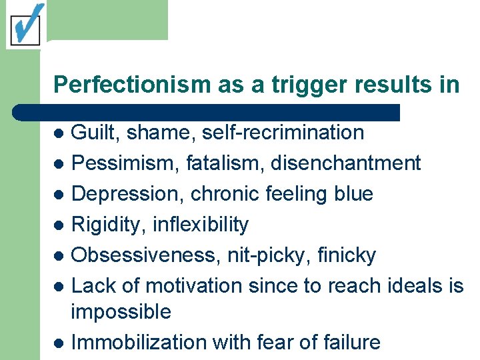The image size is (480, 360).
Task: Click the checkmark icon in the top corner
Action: click(x=25, y=25)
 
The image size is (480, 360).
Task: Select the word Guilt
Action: click(x=91, y=133)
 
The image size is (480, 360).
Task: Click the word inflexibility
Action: click(x=201, y=225)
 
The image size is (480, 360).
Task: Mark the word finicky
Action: click(x=347, y=255)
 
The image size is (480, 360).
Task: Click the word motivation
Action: click(x=194, y=286)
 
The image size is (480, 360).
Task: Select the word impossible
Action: click(x=121, y=312)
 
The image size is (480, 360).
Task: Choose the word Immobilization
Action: click(x=139, y=343)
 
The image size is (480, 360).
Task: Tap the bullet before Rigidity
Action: click(x=59, y=225)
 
